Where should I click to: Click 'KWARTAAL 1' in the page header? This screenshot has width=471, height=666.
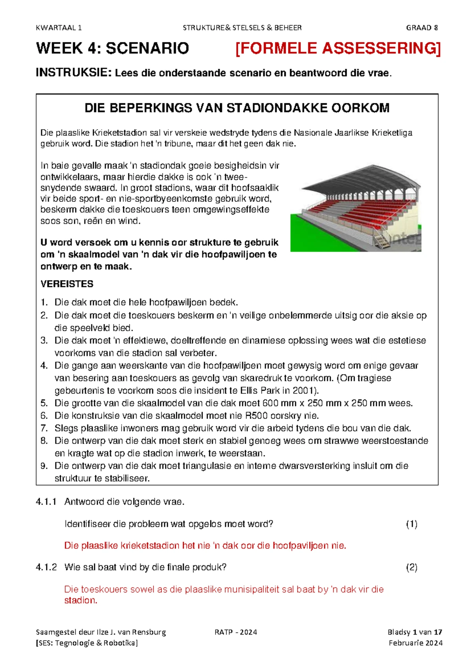(x=58, y=27)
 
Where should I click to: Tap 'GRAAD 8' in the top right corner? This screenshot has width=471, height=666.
(x=422, y=27)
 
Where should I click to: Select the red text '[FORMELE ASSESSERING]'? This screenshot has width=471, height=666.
(x=338, y=49)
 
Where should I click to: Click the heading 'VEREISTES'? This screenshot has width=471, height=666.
(x=67, y=284)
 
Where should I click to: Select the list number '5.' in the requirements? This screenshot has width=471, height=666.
(x=44, y=403)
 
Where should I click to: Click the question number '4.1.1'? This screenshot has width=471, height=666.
(x=46, y=502)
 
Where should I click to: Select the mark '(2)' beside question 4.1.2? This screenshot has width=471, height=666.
(x=411, y=567)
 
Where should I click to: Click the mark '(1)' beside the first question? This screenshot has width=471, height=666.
(x=411, y=524)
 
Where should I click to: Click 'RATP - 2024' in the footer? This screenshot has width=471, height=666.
(x=235, y=632)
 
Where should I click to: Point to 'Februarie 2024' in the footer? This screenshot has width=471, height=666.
(x=416, y=643)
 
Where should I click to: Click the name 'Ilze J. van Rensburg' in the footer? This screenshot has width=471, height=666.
(x=131, y=632)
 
